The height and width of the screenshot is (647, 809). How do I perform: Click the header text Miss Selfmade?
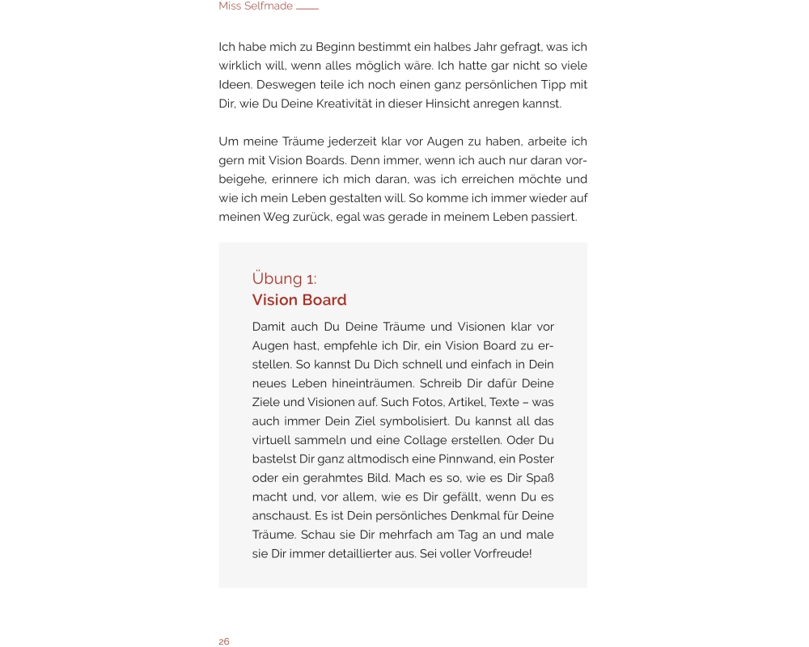(x=255, y=6)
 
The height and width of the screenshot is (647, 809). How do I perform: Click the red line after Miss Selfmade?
(x=307, y=8)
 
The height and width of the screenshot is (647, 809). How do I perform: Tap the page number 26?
(x=224, y=641)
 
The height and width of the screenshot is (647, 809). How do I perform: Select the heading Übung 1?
(x=284, y=279)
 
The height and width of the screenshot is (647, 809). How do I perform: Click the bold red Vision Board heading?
(x=299, y=300)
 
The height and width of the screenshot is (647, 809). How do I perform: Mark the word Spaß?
(x=539, y=478)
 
